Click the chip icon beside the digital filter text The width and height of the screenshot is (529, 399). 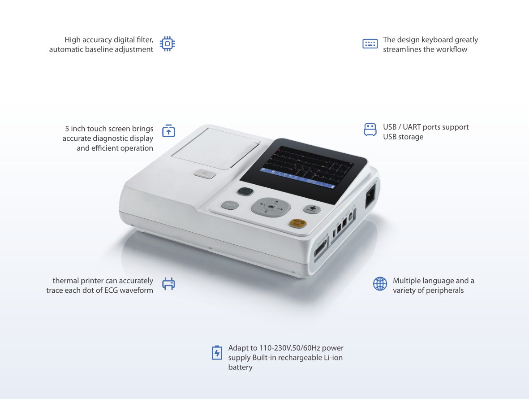click(168, 43)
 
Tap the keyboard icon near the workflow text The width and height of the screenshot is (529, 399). click(370, 43)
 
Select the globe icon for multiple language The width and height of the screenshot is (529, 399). click(380, 284)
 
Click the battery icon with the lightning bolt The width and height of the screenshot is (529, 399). click(217, 353)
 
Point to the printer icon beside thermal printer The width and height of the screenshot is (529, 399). click(169, 284)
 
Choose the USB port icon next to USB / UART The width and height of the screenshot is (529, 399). click(370, 130)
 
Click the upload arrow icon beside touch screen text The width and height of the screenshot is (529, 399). click(169, 130)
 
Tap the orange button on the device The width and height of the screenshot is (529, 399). click(297, 223)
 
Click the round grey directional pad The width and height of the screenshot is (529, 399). click(271, 207)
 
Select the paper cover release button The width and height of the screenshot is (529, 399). click(205, 174)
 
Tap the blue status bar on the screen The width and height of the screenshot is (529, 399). click(297, 178)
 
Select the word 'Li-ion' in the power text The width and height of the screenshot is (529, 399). click(333, 357)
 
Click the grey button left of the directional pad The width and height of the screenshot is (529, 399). click(230, 205)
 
